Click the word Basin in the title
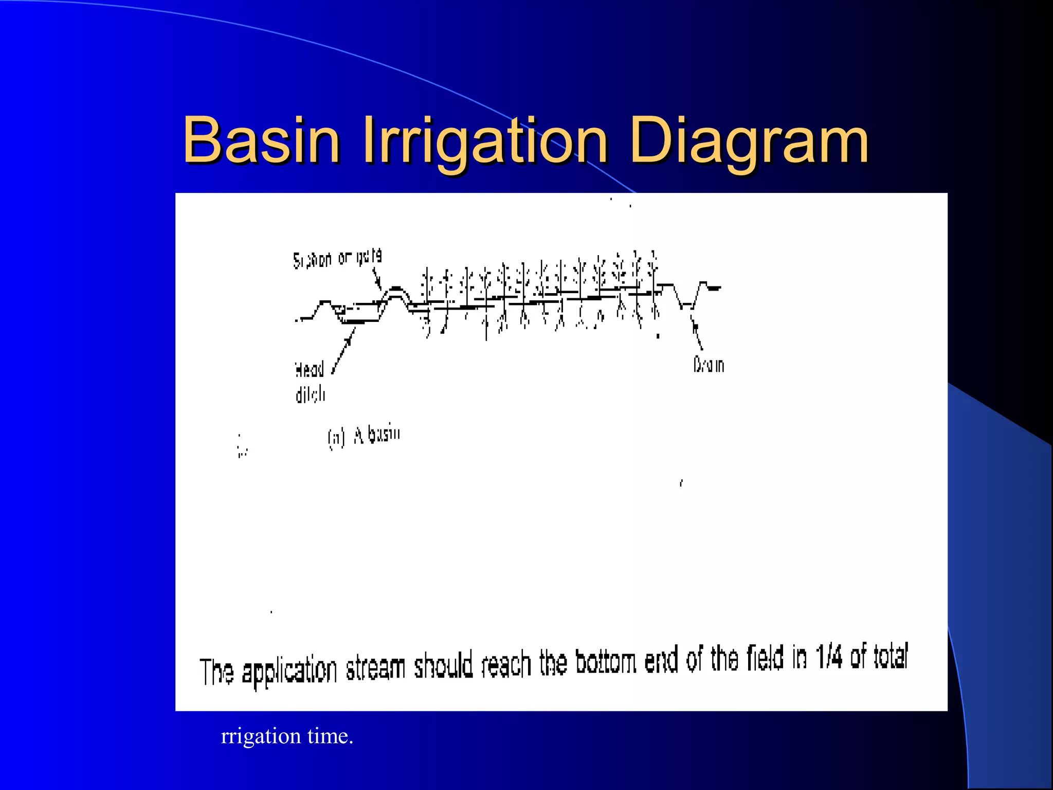click(261, 140)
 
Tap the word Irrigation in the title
click(485, 141)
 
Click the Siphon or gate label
click(337, 258)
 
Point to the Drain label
click(709, 365)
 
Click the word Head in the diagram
click(310, 369)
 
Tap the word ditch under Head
click(311, 394)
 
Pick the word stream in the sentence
click(375, 668)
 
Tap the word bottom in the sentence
click(606, 662)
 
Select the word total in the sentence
click(891, 656)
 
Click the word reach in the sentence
click(506, 665)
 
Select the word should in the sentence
click(443, 666)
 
